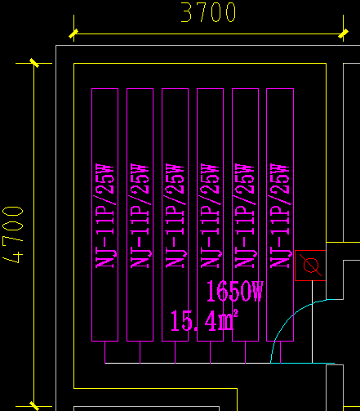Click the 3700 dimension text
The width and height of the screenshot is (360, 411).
pos(208,13)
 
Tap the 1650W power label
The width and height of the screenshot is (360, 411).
pos(235,292)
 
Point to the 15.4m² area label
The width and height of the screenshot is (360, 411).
pos(203,320)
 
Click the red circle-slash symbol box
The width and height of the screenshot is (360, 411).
pos(310,265)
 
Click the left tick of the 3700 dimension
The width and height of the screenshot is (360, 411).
pos(73,34)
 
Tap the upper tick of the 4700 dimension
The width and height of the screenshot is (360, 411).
pos(33,62)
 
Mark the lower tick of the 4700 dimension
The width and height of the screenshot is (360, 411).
pos(33,405)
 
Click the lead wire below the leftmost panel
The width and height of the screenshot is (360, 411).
pos(105,351)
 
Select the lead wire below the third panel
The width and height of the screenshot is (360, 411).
pos(175,351)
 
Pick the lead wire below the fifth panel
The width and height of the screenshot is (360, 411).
pos(245,351)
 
